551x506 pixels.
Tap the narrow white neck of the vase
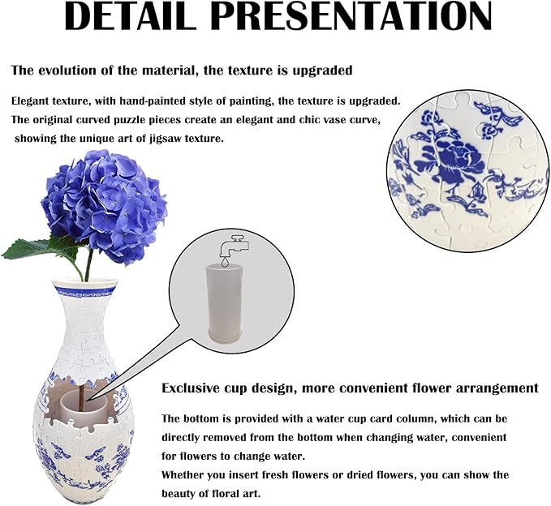click(81, 324)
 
